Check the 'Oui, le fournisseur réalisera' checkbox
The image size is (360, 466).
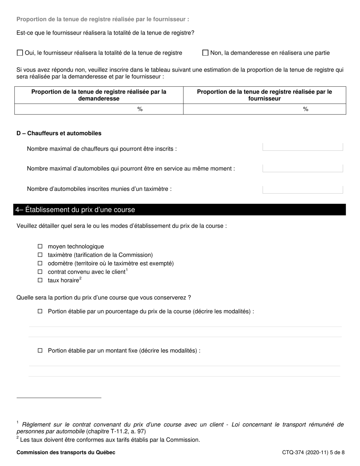point(20,53)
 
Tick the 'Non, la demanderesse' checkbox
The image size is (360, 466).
point(205,53)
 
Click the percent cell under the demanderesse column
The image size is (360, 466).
point(99,109)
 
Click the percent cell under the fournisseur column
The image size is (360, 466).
point(265,109)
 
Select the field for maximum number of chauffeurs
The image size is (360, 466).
point(302,147)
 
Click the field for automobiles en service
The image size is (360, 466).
point(302,168)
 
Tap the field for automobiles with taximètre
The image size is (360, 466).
point(302,189)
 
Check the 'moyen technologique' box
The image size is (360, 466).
point(40,246)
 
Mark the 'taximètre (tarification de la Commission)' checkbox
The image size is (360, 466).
point(40,255)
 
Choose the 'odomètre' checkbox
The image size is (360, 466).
point(40,263)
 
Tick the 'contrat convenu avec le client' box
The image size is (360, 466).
point(40,272)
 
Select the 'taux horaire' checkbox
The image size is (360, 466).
point(40,280)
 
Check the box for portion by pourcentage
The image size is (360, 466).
point(40,311)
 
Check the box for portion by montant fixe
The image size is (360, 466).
point(40,350)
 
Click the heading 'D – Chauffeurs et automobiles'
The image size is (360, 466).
point(59,133)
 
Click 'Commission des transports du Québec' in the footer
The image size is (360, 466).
point(66,452)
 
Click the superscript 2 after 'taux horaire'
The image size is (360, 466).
point(80,279)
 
